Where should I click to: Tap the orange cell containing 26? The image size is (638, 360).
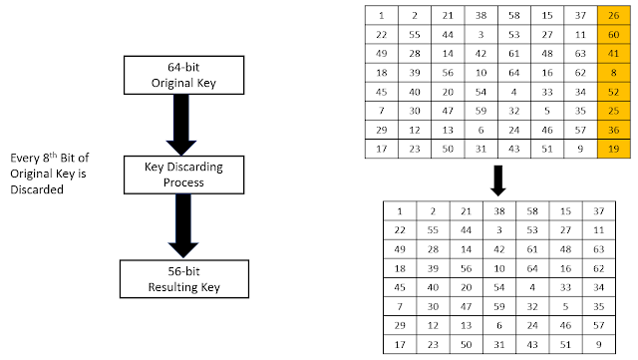click(612, 15)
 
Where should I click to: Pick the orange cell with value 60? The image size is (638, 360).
click(612, 35)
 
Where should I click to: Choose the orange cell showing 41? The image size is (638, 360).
click(612, 54)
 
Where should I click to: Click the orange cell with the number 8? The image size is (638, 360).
click(612, 73)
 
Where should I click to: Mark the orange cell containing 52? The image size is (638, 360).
click(612, 92)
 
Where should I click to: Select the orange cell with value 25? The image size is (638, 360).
click(612, 111)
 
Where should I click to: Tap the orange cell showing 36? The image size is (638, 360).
click(612, 130)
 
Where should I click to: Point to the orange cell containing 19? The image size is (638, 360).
click(612, 149)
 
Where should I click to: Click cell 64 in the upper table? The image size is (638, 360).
click(514, 73)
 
